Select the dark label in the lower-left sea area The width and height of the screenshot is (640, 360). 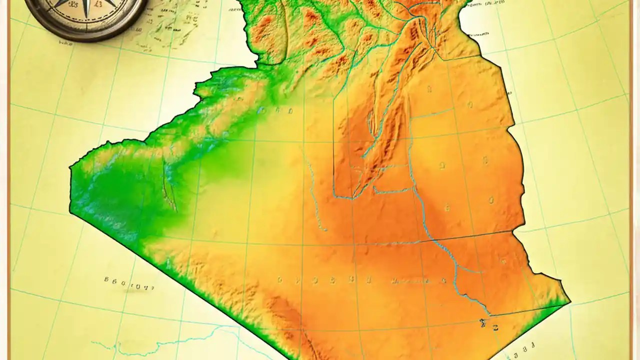point(129,283)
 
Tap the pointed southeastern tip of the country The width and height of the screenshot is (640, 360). point(570,302)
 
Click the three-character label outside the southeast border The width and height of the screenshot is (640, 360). point(525,345)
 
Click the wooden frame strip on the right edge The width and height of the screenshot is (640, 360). point(634,180)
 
